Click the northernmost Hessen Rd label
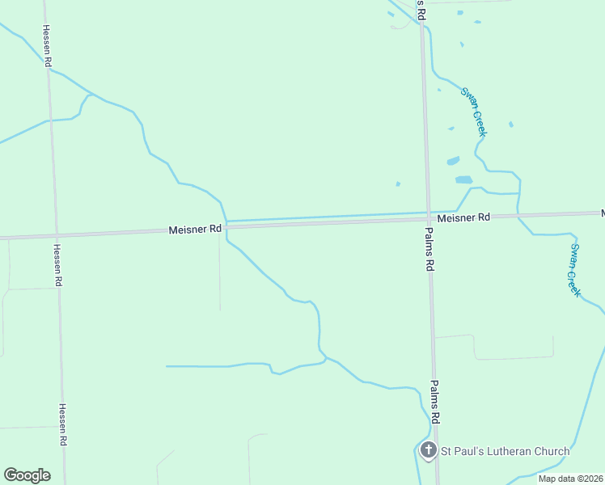click(48, 50)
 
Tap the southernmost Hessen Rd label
click(62, 425)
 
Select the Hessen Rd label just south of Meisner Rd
click(57, 266)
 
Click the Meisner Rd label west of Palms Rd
click(195, 230)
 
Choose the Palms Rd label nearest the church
click(434, 403)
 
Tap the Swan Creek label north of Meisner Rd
click(473, 112)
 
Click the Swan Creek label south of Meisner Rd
click(574, 270)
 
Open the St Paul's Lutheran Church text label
click(504, 451)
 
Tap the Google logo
click(27, 475)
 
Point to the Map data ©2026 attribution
click(570, 479)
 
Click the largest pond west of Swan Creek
click(463, 179)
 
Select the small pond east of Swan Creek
click(510, 124)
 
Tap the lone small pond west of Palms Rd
click(398, 183)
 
